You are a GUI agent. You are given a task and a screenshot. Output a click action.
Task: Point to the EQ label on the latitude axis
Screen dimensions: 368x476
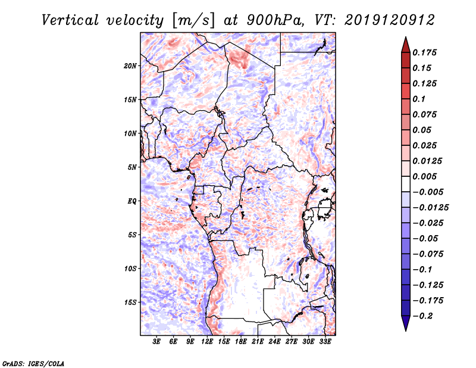132,201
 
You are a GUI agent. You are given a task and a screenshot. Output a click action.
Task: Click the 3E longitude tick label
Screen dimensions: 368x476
157,342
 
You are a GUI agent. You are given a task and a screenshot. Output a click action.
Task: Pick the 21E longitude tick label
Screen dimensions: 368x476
258,342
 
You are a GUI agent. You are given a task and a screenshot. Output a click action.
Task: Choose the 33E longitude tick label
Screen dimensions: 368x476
325,342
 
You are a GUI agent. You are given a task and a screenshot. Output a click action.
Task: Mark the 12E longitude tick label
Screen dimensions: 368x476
208,342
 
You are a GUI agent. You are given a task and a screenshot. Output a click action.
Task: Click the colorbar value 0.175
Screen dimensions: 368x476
426,52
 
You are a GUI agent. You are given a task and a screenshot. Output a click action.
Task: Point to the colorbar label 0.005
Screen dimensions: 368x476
426,176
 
